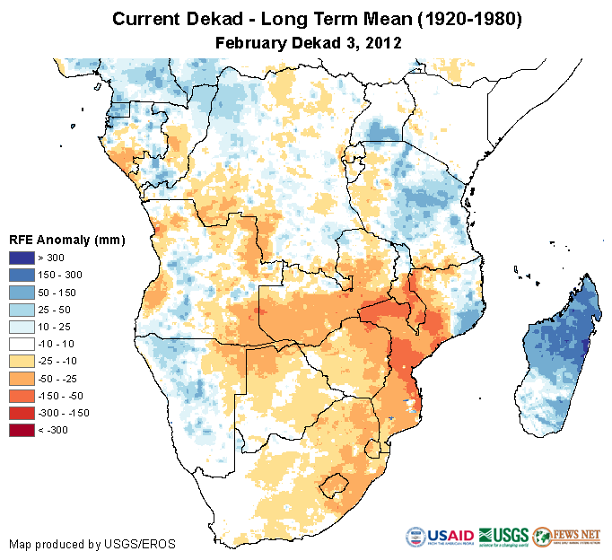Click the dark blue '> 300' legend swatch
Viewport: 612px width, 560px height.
coord(22,258)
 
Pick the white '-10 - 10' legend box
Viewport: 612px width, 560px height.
coord(22,344)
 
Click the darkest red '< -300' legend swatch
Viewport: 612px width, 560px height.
coord(22,430)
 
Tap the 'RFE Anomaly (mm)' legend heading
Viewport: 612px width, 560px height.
coord(66,240)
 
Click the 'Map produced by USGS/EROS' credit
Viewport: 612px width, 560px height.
coord(92,544)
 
